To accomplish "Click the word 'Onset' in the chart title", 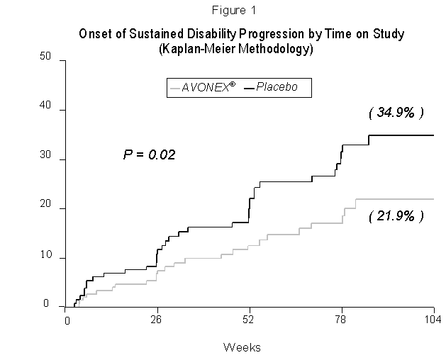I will (x=96, y=35).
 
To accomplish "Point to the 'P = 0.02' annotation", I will (x=149, y=154).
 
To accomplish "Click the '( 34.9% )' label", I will (x=396, y=113).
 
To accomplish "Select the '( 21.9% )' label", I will (x=396, y=215).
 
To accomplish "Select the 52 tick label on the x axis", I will (x=250, y=320).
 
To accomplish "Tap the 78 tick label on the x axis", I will (x=342, y=320).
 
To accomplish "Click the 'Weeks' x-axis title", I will (x=242, y=347).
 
